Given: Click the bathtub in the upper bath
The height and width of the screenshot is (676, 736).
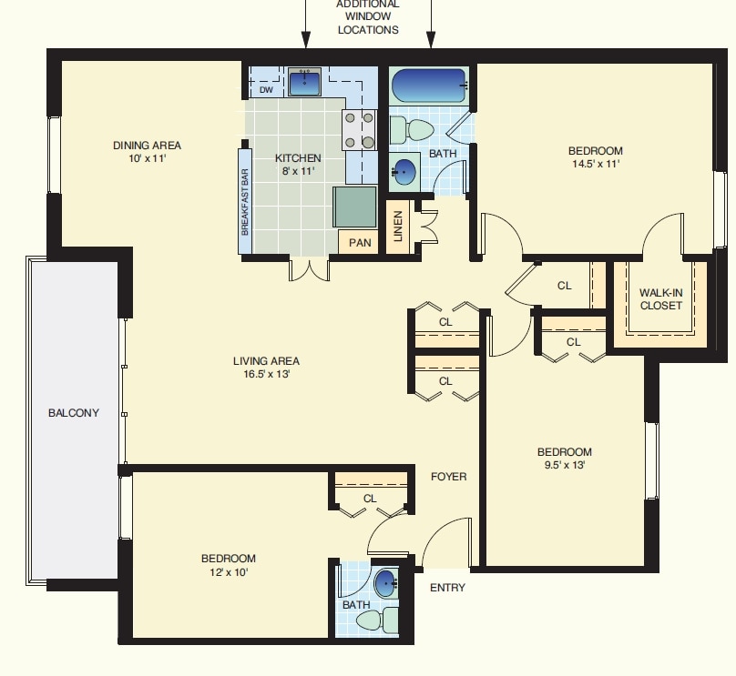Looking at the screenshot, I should [x=428, y=86].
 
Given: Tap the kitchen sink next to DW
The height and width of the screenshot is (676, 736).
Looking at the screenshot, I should [x=305, y=83].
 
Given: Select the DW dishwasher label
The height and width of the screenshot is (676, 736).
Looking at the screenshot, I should [x=266, y=90].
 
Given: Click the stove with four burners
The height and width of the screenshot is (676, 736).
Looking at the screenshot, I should [x=359, y=129].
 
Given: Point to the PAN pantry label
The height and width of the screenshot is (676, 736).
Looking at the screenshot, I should [x=360, y=243].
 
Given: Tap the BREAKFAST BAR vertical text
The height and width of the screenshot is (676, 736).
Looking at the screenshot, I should [x=245, y=202].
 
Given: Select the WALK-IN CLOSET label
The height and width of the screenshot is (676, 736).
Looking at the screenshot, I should [x=660, y=299].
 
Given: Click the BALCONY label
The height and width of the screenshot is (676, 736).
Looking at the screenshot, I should [x=74, y=413].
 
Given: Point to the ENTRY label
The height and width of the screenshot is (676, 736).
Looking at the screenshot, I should [x=447, y=588].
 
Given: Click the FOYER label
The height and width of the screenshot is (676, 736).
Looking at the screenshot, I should [x=448, y=476].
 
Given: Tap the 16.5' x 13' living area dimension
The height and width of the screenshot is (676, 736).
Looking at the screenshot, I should [x=266, y=374].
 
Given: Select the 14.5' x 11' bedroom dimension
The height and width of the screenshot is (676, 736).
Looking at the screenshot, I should [x=595, y=165].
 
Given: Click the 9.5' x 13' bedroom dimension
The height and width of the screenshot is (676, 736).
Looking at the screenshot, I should [x=564, y=465].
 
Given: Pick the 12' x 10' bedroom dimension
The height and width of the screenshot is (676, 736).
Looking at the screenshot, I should [x=228, y=572].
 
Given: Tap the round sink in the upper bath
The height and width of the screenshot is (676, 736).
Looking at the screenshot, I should [x=404, y=171].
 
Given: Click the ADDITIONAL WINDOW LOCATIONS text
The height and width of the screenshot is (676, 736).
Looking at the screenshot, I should [x=368, y=17].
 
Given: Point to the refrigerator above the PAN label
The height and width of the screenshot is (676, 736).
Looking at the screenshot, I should [x=354, y=207].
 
